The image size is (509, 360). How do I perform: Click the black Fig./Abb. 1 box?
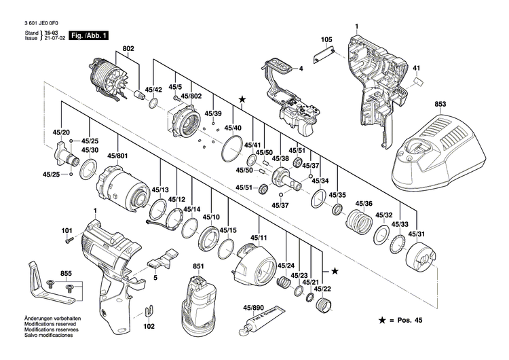coord(90,35)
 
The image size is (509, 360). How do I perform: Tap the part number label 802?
coord(129,49)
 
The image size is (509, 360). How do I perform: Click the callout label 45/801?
coord(117,157)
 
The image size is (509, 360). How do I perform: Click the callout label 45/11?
coord(258,237)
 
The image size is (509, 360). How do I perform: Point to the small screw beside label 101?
coord(68,239)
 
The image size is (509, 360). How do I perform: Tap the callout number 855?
coord(65,273)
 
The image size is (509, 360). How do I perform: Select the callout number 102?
coord(149,325)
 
